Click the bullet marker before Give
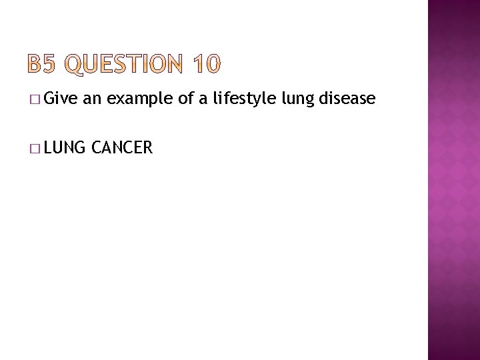34,100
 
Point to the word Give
63,99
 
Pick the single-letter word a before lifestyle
206,100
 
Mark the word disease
347,99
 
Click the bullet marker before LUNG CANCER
34,147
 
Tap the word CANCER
123,147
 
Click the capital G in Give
53,99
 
